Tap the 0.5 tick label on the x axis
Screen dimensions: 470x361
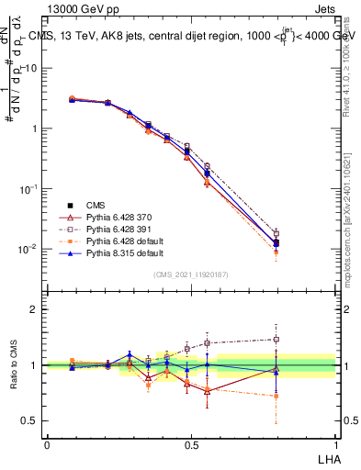[x=190, y=443]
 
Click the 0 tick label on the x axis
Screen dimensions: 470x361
[x=47, y=443]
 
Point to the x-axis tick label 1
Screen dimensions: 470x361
[x=334, y=443]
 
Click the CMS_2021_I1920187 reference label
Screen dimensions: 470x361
[x=191, y=274]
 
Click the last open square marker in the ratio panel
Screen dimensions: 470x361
[x=276, y=340]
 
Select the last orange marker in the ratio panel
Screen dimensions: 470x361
[x=276, y=397]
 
